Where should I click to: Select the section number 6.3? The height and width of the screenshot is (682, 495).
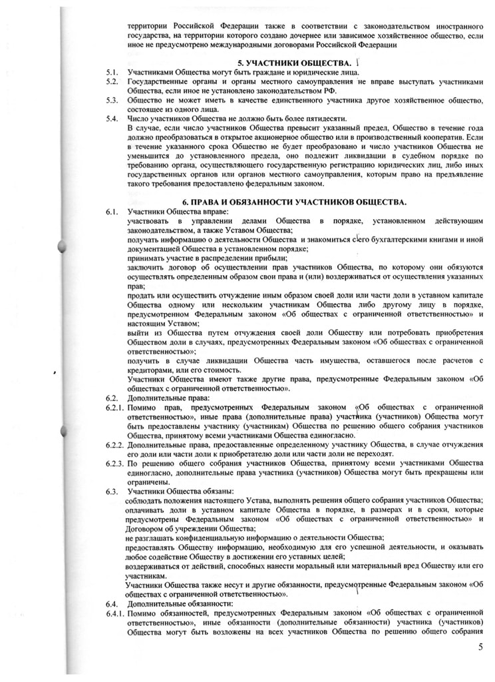pos(111,490)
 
